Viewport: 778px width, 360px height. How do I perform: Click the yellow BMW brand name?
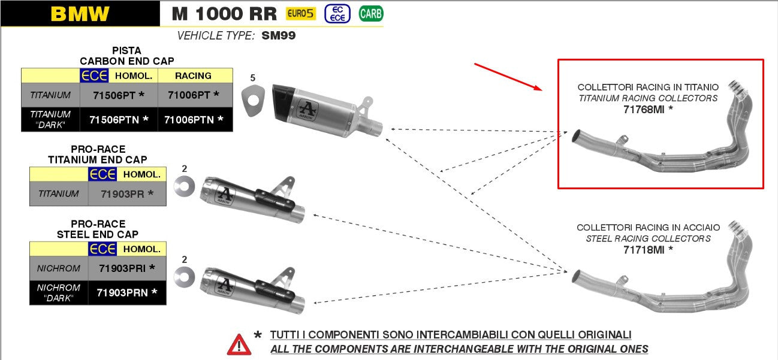pos(80,14)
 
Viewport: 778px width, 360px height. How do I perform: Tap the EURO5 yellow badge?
pos(301,14)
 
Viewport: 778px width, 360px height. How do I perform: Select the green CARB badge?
pos(371,14)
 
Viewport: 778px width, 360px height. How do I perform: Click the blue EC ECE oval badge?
pos(337,14)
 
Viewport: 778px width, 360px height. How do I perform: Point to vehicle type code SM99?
pos(279,35)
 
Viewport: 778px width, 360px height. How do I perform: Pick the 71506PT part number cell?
pos(119,95)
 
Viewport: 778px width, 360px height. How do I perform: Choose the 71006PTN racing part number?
pos(194,119)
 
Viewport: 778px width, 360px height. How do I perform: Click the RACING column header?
pos(193,75)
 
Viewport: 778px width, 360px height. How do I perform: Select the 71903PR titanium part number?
pos(127,193)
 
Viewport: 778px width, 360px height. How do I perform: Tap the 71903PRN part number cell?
pos(127,293)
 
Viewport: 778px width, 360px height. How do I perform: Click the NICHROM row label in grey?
pos(59,268)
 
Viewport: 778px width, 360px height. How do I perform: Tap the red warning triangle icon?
pos(239,344)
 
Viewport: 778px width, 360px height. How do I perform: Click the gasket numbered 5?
pos(253,101)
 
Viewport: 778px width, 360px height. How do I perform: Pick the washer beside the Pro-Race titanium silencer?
pos(185,186)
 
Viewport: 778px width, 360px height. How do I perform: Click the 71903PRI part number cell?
pos(127,268)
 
